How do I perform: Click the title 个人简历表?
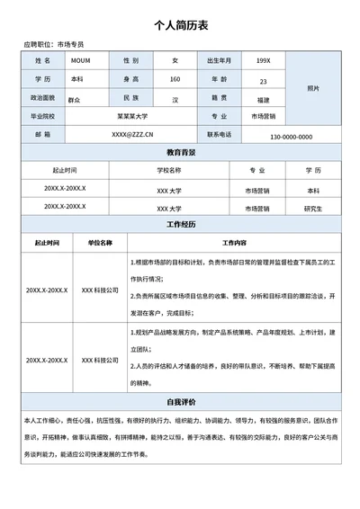click(180, 26)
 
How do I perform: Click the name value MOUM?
click(79, 60)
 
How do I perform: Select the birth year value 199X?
click(263, 60)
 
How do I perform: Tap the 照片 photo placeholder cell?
click(312, 88)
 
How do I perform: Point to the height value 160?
click(175, 79)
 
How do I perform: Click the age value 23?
click(263, 80)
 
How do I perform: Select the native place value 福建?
click(263, 99)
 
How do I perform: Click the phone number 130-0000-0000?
click(291, 137)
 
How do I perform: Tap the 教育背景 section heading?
click(181, 152)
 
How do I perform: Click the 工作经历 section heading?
click(181, 224)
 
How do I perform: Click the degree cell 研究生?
click(312, 208)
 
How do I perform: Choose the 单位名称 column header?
click(100, 243)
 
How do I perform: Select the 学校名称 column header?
click(169, 169)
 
